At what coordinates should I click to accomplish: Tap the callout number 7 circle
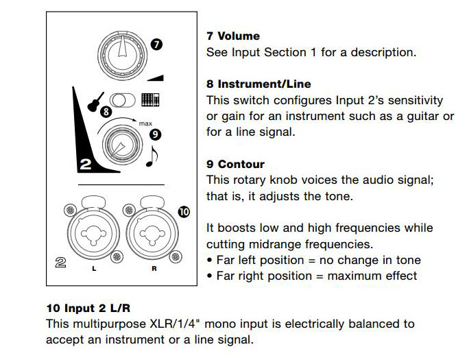coord(157,45)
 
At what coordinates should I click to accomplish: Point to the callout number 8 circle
coord(106,110)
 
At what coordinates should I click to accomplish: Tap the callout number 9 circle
coord(155,134)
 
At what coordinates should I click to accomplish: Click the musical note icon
coord(152,157)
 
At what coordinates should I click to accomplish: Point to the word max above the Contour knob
coord(145,123)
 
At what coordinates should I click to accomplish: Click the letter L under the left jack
coord(94,268)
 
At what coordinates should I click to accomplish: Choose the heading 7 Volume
coord(233,36)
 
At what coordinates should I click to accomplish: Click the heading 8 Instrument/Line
coord(259,84)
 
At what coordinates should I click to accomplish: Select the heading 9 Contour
coord(235,165)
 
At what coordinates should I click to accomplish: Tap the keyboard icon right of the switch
coord(150,100)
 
